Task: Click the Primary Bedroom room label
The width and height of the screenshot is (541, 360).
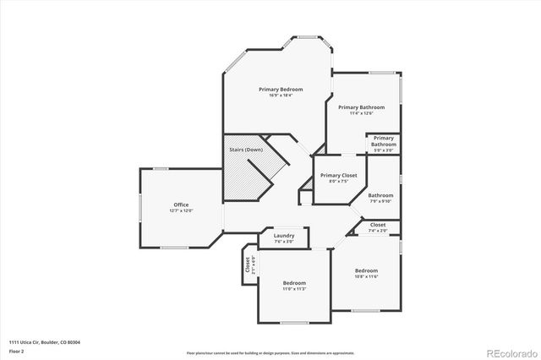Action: pos(280,89)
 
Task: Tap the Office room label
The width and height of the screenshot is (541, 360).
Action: pos(180,205)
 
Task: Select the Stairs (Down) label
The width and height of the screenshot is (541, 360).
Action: pos(246,150)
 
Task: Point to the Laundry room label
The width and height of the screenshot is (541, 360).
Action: pos(283,236)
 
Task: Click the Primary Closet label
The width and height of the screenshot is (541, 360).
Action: pos(338,175)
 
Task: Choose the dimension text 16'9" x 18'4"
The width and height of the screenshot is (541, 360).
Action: pos(280,95)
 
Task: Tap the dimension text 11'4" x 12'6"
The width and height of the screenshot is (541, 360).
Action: pos(361,113)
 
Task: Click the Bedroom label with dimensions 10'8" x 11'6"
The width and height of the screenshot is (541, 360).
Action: pos(366,270)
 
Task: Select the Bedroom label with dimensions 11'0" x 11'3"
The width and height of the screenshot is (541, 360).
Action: pos(294,282)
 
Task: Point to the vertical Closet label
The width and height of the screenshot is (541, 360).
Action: pos(248,265)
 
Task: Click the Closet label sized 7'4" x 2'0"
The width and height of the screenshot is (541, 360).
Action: pos(378,225)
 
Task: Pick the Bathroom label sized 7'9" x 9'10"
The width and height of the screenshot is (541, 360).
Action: pos(380,195)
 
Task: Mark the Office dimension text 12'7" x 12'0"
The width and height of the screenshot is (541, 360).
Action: pos(180,210)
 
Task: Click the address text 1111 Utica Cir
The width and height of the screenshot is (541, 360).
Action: pos(42,341)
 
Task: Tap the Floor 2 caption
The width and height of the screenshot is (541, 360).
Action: pos(16,350)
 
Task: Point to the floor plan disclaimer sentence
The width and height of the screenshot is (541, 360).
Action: pos(270,352)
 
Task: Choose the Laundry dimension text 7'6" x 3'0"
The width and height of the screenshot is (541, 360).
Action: pos(283,242)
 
